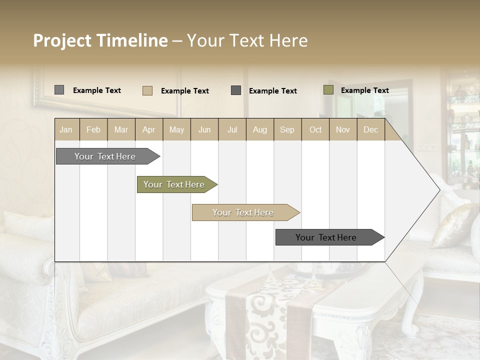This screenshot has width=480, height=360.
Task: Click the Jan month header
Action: click(x=66, y=130)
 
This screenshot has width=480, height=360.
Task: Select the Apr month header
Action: click(x=149, y=130)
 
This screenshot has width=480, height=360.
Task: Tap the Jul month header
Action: click(x=232, y=130)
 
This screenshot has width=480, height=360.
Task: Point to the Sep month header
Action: click(x=287, y=130)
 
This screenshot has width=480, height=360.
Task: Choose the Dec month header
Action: click(x=370, y=130)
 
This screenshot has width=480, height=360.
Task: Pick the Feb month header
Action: click(x=93, y=130)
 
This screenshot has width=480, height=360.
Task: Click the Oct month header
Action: click(x=315, y=130)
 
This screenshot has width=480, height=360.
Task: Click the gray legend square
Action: click(x=59, y=90)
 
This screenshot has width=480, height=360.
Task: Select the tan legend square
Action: click(x=147, y=90)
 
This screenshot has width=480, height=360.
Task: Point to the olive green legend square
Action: click(x=328, y=90)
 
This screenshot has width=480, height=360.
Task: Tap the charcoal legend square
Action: click(x=236, y=90)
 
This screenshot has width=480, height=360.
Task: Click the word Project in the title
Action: click(x=62, y=40)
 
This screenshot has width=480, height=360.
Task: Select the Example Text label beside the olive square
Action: click(x=364, y=90)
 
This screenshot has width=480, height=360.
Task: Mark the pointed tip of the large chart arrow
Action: click(x=439, y=190)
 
